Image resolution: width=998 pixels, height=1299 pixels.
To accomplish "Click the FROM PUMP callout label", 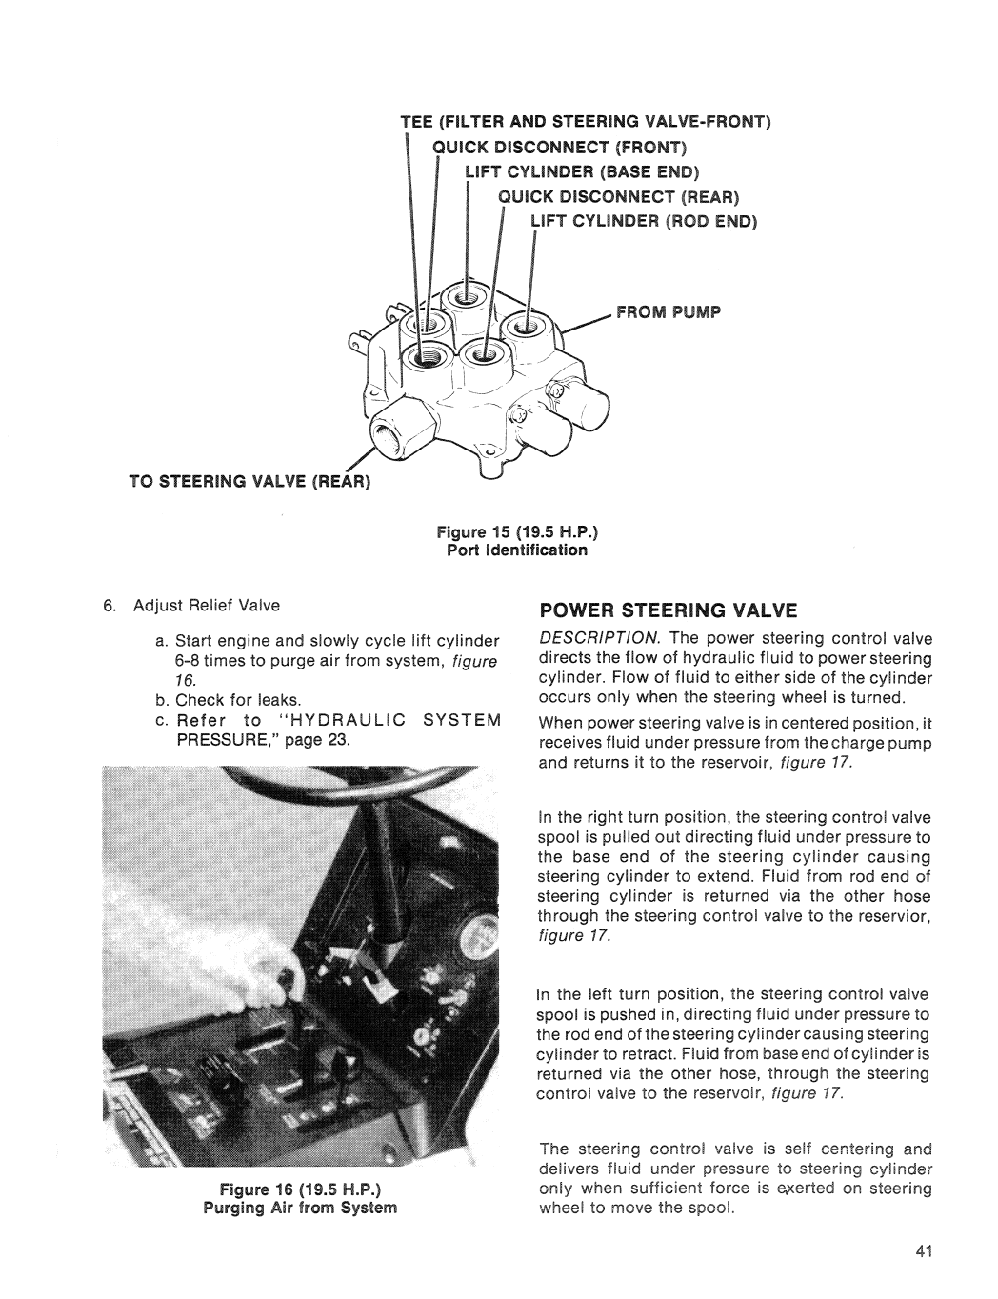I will [x=670, y=311].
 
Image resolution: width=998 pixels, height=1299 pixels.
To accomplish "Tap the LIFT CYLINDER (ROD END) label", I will [x=642, y=222].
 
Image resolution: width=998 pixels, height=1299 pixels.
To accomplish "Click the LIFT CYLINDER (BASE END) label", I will [x=581, y=172].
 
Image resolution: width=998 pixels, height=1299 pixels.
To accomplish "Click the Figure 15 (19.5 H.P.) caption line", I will [x=517, y=532].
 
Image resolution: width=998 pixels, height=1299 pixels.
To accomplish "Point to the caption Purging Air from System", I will [x=309, y=1209].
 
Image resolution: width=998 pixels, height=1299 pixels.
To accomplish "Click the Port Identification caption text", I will [x=517, y=550].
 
